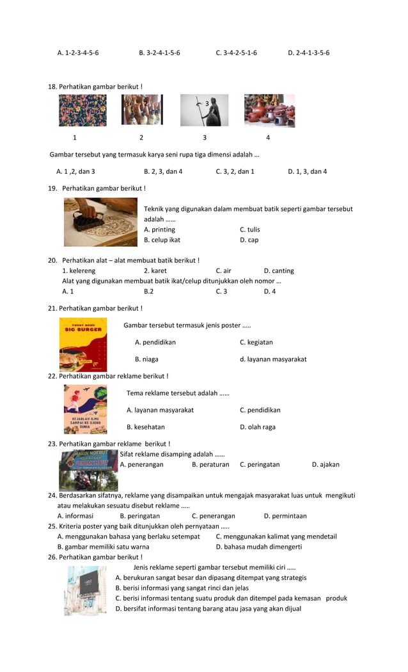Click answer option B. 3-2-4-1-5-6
159,52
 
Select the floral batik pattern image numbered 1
82,110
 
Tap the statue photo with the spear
204,110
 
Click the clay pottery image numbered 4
269,111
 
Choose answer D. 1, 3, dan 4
307,171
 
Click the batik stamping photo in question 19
100,222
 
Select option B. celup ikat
162,240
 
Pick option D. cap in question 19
249,240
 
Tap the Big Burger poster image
83,345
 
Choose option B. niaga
146,359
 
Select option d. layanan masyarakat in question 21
273,359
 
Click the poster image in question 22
85,409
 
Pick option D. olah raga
257,426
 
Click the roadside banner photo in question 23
88,469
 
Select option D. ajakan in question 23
326,464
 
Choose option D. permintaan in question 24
285,515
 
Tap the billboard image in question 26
85,590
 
